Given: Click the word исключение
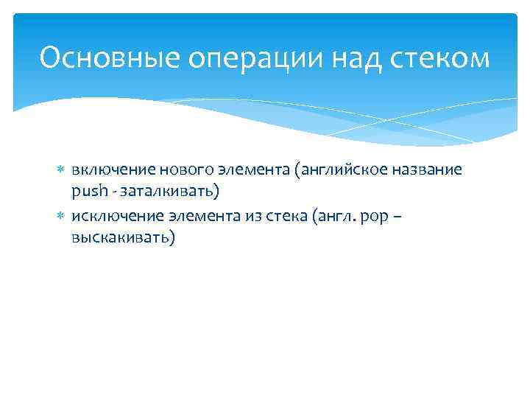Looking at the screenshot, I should [x=111, y=215].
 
